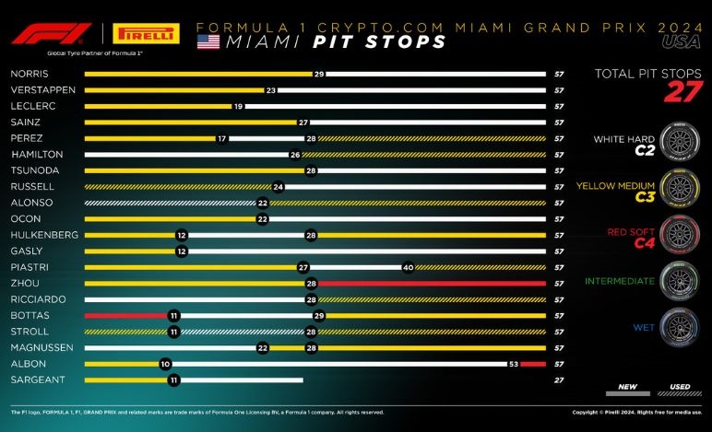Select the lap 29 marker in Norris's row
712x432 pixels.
(x=319, y=74)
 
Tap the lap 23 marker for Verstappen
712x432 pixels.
(x=270, y=89)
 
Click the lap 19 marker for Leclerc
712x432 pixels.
(x=238, y=106)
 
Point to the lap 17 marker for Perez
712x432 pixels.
(x=221, y=138)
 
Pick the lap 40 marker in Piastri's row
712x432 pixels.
(x=408, y=267)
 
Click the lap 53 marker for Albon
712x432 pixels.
(x=513, y=364)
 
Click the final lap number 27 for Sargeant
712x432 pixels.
(x=558, y=379)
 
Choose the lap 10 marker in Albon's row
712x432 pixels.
(x=165, y=364)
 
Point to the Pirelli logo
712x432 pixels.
(x=145, y=34)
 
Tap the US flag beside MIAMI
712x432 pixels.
(x=208, y=41)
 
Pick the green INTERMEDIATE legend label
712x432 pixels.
(x=623, y=278)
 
